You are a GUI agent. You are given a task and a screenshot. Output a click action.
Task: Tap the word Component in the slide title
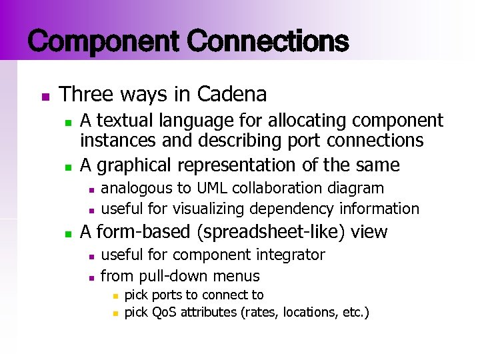point(103,41)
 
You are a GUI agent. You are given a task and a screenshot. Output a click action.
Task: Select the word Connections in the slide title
point(268,41)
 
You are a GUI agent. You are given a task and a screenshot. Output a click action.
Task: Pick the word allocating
point(307,120)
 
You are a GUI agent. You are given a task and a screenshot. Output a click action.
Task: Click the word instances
point(115,141)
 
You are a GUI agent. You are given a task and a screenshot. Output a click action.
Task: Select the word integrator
point(291,255)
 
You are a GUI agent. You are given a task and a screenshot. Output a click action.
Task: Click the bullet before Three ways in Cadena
point(45,96)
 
